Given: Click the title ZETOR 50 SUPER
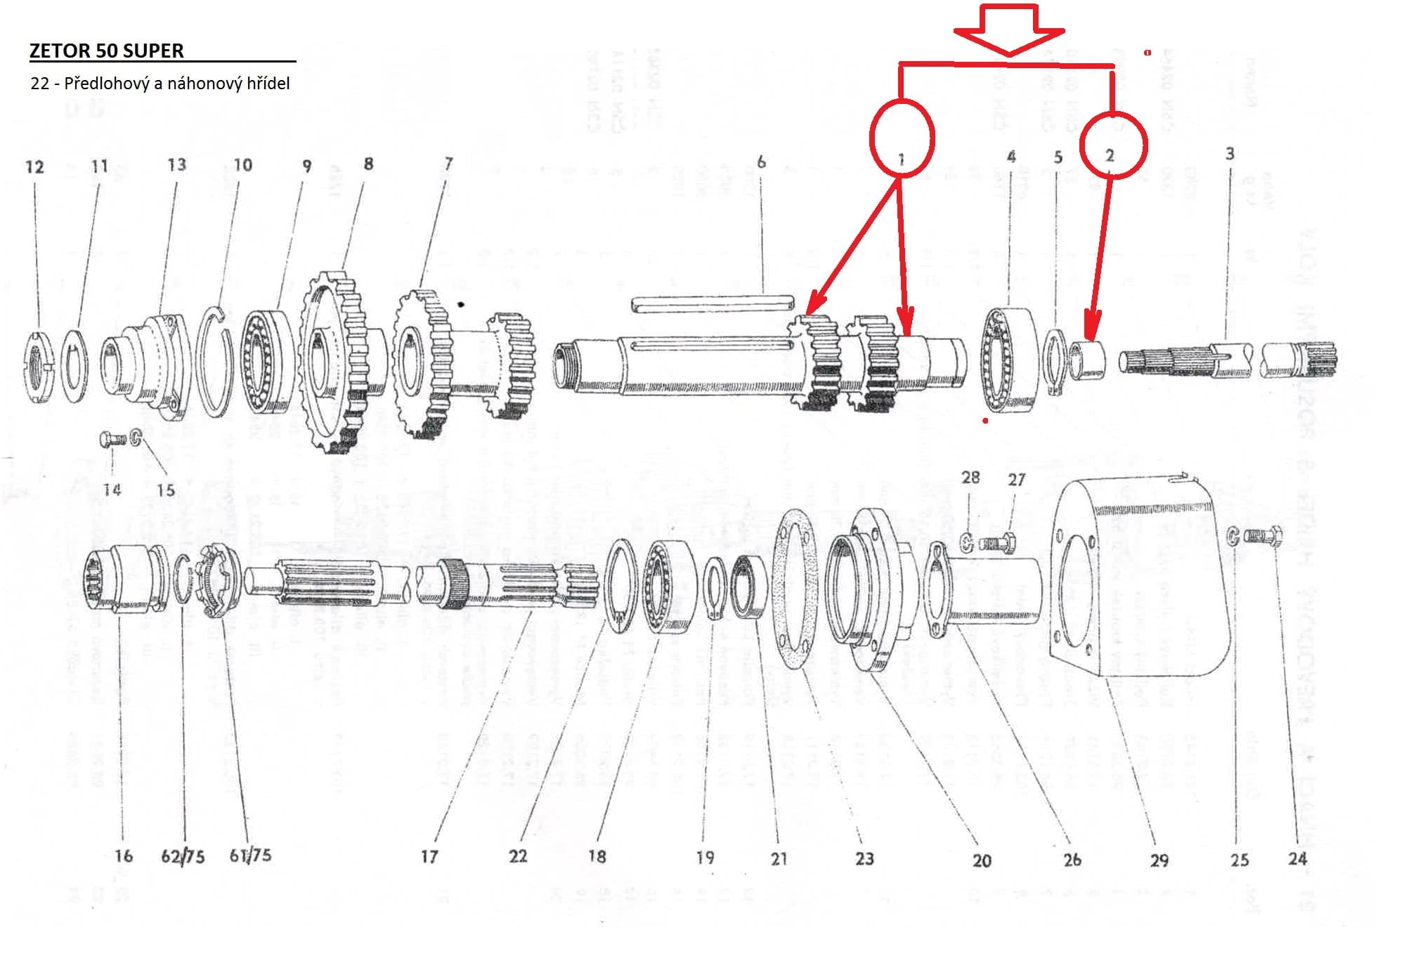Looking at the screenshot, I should coord(107,51).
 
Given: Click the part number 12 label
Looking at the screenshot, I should coord(34,167).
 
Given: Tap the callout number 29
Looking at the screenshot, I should coord(1159,860).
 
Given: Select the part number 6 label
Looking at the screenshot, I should coord(761,162).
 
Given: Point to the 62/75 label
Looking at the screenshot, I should coord(183,856).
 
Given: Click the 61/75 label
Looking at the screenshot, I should coord(250,855).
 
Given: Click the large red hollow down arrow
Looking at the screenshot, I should coord(1009,30).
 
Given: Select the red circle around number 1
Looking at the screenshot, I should coord(902,138).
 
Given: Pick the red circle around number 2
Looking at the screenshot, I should coord(1113,145).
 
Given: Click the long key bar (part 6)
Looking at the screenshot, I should coord(712,303).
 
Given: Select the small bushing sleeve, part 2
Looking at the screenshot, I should coord(1086,359).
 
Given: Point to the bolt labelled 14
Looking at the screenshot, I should coord(113,439).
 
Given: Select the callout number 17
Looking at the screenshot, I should coord(429,856).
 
